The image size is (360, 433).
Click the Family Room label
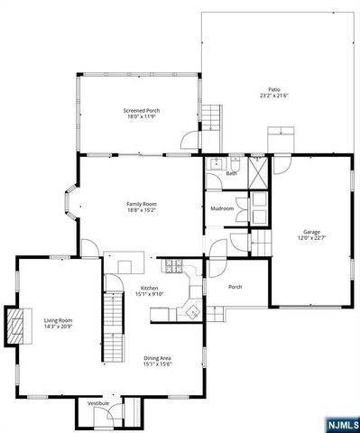(x=142, y=204)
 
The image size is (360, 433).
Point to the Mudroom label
(x=222, y=208)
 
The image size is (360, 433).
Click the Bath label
(x=231, y=173)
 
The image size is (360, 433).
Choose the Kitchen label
(x=149, y=288)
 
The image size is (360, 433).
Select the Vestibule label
(x=97, y=404)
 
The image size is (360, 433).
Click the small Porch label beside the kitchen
(x=235, y=287)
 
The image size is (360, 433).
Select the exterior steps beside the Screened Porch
(x=210, y=117)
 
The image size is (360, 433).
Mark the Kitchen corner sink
(x=192, y=310)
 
